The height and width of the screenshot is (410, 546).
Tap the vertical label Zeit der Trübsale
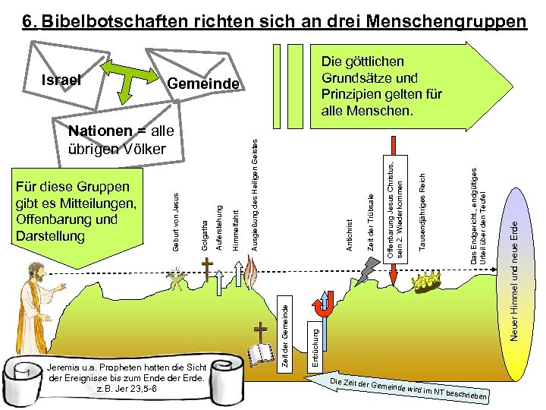point(370,222)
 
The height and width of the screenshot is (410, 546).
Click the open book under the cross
point(262,355)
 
